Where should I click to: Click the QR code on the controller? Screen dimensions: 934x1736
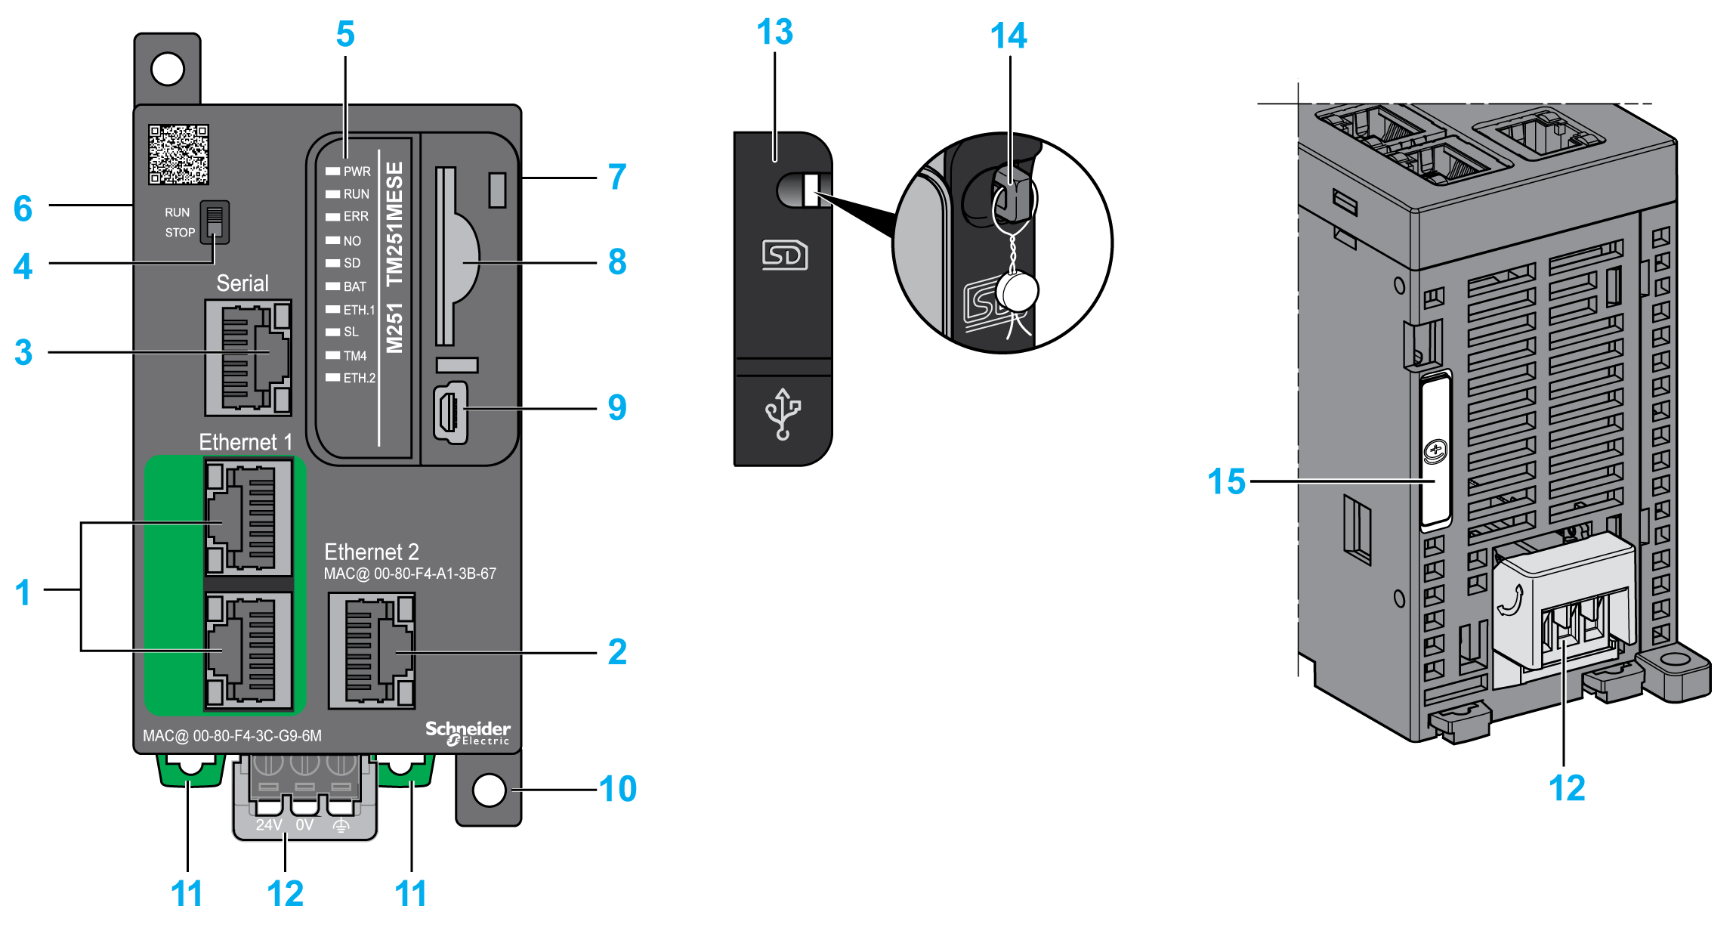tap(178, 154)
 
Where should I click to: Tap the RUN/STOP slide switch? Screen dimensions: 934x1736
tap(215, 222)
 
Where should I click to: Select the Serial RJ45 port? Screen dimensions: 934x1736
tap(248, 357)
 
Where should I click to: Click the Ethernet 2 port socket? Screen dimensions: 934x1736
tap(372, 651)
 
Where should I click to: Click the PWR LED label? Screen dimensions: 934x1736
tap(357, 172)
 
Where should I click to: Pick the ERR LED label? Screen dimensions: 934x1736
tap(356, 216)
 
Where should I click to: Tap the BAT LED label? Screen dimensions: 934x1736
tap(354, 286)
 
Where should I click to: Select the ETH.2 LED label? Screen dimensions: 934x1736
tap(359, 378)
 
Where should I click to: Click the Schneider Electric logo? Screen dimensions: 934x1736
tap(468, 732)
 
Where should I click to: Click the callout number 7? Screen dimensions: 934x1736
tap(617, 177)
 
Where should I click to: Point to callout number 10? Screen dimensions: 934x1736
tap(618, 789)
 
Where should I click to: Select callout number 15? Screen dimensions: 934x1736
tap(1226, 481)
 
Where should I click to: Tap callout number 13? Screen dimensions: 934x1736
tap(774, 32)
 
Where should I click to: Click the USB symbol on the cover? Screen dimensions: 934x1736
tap(783, 413)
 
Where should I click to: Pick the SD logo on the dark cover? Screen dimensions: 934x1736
tap(784, 255)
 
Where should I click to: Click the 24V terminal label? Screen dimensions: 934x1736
tap(268, 824)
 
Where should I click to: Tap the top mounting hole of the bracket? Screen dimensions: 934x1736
tap(168, 70)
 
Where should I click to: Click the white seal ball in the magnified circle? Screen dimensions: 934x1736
tap(1018, 291)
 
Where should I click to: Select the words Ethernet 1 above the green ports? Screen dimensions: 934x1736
tap(245, 442)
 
